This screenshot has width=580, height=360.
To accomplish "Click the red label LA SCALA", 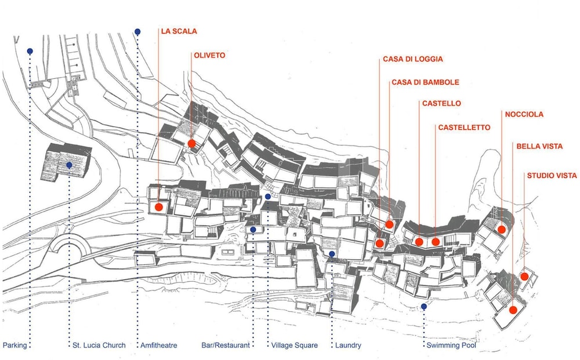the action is (179, 31).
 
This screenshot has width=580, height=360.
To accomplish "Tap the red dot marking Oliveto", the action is (191, 143).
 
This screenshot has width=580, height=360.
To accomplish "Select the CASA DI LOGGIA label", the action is (413, 59).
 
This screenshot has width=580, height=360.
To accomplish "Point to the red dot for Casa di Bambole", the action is (389, 224).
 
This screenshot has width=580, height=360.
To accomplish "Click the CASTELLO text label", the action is (441, 104).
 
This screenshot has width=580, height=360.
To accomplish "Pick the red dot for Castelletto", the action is (436, 242).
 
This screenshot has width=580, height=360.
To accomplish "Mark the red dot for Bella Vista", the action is (513, 310).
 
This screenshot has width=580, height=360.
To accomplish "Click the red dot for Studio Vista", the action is (524, 277).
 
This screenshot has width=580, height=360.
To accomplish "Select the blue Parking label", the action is (15, 345).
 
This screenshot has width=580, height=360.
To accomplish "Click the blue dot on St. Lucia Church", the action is (69, 165).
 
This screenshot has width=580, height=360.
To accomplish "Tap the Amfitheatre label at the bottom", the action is (159, 345).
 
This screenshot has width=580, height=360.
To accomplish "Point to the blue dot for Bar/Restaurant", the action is (253, 230).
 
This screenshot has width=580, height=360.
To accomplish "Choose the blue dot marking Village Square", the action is (268, 197).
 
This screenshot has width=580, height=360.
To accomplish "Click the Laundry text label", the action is (348, 345).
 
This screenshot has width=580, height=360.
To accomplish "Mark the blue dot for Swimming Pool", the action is (424, 307).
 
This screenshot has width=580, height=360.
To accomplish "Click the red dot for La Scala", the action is (159, 207).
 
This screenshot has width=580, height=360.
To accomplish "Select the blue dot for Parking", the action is (30, 51).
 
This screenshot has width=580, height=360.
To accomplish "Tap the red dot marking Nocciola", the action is (502, 230).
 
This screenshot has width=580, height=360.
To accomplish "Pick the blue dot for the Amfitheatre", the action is (137, 32).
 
